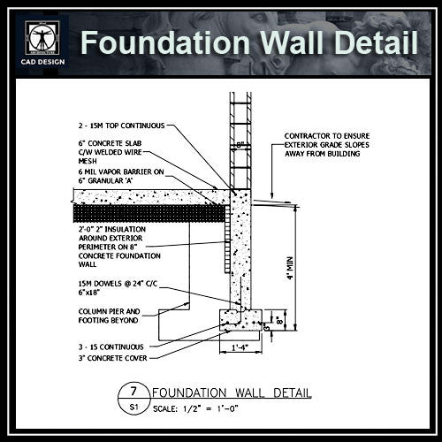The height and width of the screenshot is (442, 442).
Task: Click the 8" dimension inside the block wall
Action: (239, 143)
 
